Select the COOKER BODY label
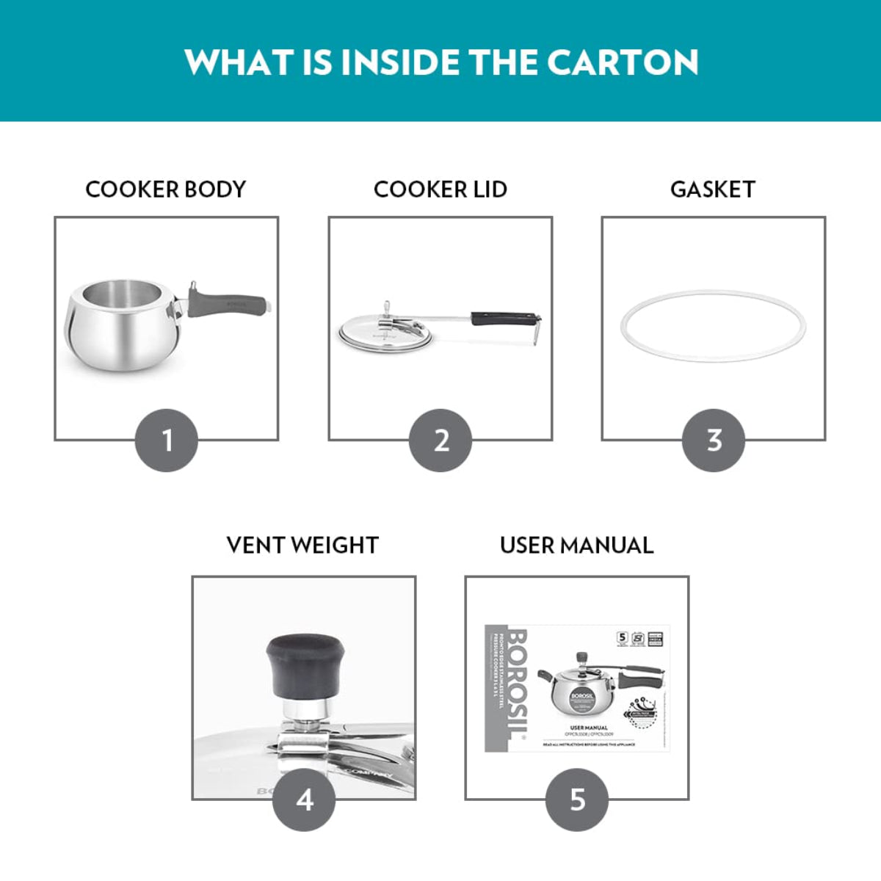click(166, 189)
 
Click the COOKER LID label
click(440, 189)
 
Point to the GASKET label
click(713, 189)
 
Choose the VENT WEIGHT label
click(302, 545)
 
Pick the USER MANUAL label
click(576, 545)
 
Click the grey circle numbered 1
click(167, 440)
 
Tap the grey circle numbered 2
click(440, 440)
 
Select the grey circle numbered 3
click(714, 440)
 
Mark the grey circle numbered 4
click(304, 800)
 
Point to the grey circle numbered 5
click(577, 800)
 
